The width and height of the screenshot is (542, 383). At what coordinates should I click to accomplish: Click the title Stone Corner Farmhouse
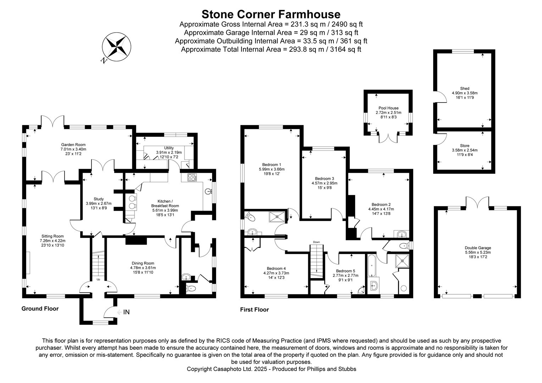pyautogui.click(x=271, y=14)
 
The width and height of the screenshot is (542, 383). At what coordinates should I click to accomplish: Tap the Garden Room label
pyautogui.click(x=73, y=145)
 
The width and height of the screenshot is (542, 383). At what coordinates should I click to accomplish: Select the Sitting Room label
pyautogui.click(x=52, y=236)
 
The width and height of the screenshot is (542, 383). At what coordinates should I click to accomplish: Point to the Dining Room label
pyautogui.click(x=143, y=263)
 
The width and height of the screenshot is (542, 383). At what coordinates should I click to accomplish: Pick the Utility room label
pyautogui.click(x=169, y=148)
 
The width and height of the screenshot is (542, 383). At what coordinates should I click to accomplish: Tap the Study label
pyautogui.click(x=99, y=199)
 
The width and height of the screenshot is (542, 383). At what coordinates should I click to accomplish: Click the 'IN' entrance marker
pyautogui.click(x=126, y=312)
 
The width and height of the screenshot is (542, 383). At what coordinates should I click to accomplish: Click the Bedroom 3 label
pyautogui.click(x=324, y=179)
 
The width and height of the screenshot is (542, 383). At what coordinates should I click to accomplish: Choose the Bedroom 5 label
pyautogui.click(x=345, y=271)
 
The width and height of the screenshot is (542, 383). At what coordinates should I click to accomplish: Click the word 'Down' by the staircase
pyautogui.click(x=316, y=242)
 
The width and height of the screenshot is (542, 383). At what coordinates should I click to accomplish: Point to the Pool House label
pyautogui.click(x=388, y=108)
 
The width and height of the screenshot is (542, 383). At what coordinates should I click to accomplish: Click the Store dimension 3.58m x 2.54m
pyautogui.click(x=464, y=150)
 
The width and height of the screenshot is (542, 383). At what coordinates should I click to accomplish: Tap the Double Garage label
pyautogui.click(x=477, y=248)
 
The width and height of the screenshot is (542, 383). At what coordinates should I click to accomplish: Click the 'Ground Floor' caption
pyautogui.click(x=40, y=309)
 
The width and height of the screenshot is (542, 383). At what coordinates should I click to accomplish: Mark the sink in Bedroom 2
pyautogui.click(x=402, y=234)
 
